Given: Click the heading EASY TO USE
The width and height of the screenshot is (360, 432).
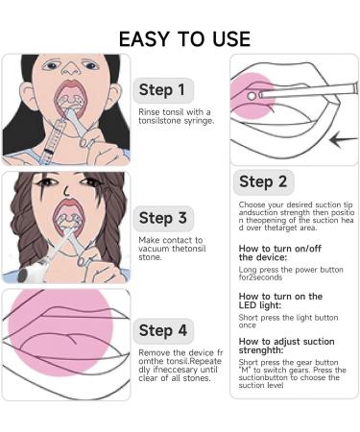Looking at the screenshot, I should coord(183,38).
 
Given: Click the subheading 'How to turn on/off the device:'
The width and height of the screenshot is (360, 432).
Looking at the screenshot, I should coord(279,252).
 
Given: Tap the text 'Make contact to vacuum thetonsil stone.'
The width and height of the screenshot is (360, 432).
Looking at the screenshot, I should coord(171,248).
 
